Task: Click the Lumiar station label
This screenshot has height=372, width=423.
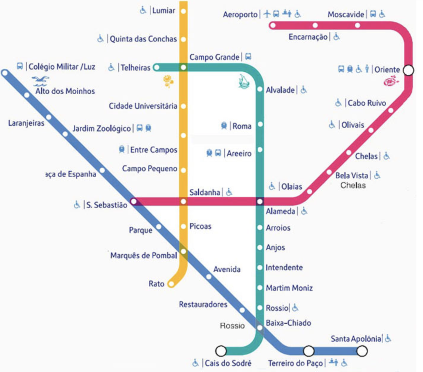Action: pyautogui.click(x=164, y=10)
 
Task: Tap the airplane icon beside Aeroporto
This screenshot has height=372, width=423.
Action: pyautogui.click(x=267, y=14)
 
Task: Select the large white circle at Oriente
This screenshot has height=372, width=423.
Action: pyautogui.click(x=408, y=70)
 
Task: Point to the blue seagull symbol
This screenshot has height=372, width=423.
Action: pyautogui.click(x=41, y=81)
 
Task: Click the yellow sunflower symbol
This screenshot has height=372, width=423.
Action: pyautogui.click(x=168, y=81)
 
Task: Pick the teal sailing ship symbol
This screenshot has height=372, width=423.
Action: pyautogui.click(x=244, y=81)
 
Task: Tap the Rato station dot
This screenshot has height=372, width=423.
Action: pyautogui.click(x=171, y=284)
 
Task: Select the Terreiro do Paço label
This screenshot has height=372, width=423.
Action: pyautogui.click(x=295, y=363)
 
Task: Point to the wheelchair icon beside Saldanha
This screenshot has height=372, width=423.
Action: pyautogui.click(x=229, y=192)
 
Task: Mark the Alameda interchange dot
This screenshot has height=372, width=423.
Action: pyautogui.click(x=260, y=202)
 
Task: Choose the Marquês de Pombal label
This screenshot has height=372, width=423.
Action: pyautogui.click(x=144, y=255)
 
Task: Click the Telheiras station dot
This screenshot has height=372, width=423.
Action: pyautogui.click(x=156, y=67)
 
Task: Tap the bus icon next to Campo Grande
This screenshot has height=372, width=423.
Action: pyautogui.click(x=248, y=56)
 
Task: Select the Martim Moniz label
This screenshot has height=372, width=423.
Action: pyautogui.click(x=289, y=288)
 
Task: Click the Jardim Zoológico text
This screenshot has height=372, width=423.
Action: pyautogui.click(x=102, y=128)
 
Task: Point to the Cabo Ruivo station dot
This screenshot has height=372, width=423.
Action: pyautogui.click(x=391, y=110)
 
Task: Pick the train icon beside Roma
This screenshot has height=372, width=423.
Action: pyautogui.click(x=224, y=126)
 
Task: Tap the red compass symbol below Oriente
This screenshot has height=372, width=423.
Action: pyautogui.click(x=391, y=81)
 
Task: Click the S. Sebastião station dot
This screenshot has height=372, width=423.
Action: pyautogui.click(x=134, y=202)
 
